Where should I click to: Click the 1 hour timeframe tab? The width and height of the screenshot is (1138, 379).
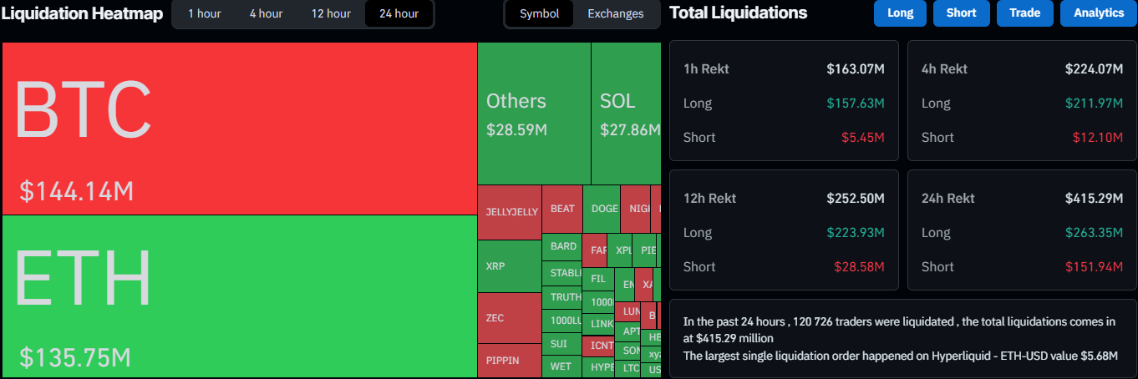tap(204, 13)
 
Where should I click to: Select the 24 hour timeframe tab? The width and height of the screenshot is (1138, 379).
tap(399, 13)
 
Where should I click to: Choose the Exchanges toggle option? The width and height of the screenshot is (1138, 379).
tap(615, 13)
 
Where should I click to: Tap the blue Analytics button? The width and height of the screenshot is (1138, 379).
tap(1098, 13)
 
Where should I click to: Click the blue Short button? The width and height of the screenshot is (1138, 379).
tap(961, 13)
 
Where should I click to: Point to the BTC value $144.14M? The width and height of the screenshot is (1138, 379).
tap(77, 191)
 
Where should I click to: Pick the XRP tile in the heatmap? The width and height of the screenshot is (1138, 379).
tap(509, 266)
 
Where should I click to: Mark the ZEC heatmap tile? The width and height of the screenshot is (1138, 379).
tap(509, 318)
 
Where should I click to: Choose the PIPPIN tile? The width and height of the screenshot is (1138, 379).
tap(509, 361)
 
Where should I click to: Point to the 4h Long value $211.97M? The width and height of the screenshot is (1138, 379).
tap(1094, 104)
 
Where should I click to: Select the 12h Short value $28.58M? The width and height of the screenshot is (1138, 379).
tap(859, 267)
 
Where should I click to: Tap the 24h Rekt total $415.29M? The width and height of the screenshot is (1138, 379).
tap(1094, 199)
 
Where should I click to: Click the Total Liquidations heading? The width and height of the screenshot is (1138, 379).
tap(739, 13)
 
